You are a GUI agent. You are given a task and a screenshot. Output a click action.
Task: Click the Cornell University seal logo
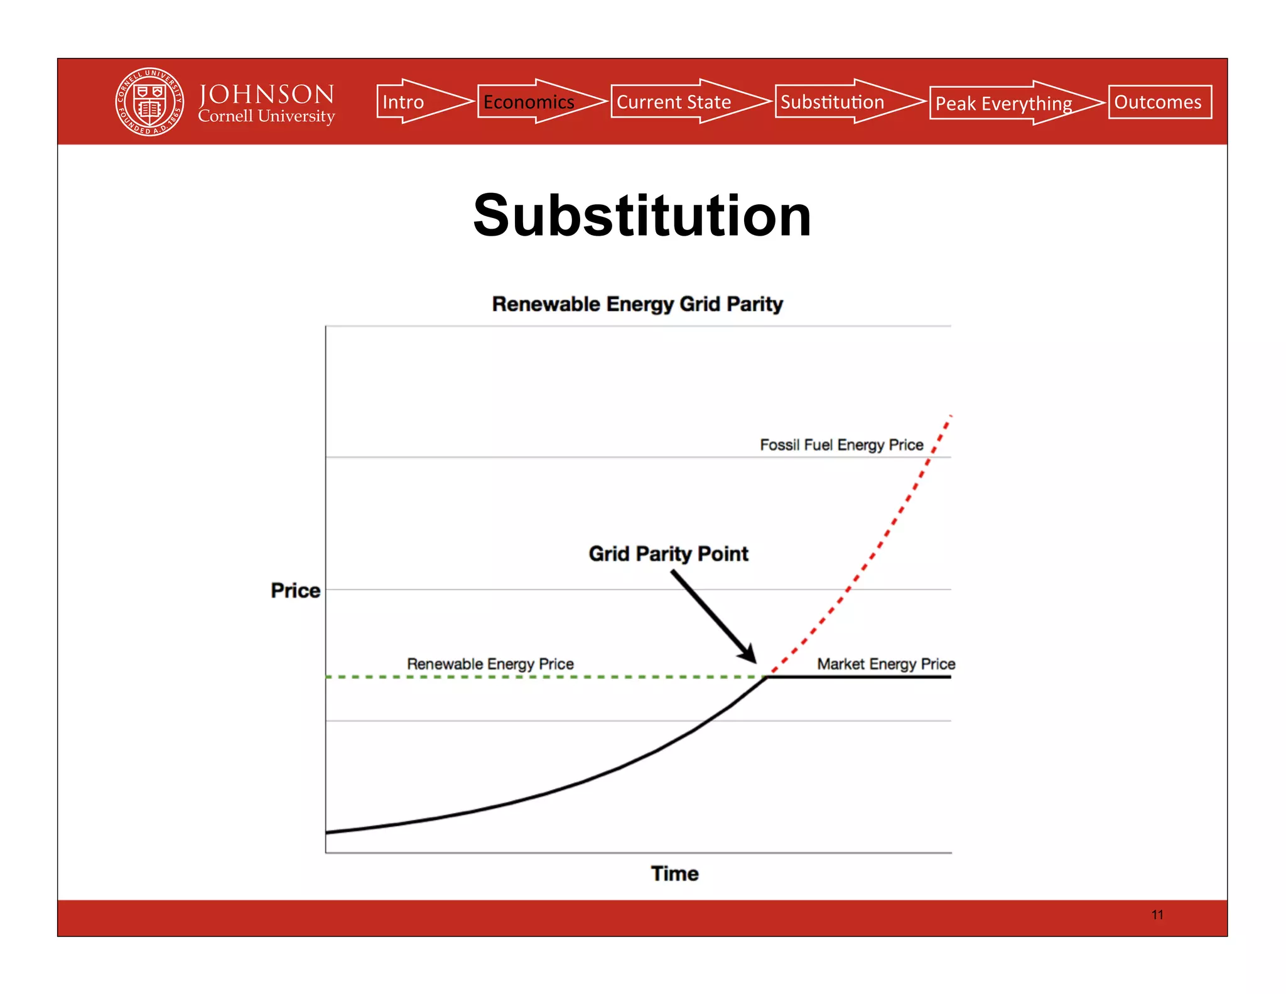click(x=149, y=102)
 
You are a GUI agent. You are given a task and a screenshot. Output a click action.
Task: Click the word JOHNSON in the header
click(x=266, y=94)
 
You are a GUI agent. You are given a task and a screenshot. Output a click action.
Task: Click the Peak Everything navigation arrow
click(x=1008, y=103)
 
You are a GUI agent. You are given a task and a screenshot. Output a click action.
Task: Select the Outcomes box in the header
click(x=1159, y=102)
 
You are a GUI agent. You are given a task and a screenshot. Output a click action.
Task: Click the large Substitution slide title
click(x=642, y=216)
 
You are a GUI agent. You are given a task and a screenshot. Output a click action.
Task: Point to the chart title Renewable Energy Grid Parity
click(x=637, y=304)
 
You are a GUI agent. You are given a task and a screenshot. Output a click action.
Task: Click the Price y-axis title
click(x=295, y=591)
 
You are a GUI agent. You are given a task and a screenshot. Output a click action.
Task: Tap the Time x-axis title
click(x=674, y=873)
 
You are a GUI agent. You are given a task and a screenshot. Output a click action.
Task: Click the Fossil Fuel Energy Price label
click(x=841, y=445)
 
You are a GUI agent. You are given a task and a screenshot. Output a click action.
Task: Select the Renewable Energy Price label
click(x=490, y=664)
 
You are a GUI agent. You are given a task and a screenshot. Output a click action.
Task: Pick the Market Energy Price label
click(x=885, y=664)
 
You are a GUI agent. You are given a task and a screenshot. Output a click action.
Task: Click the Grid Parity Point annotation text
click(x=668, y=554)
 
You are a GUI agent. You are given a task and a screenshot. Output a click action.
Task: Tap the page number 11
click(x=1157, y=915)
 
